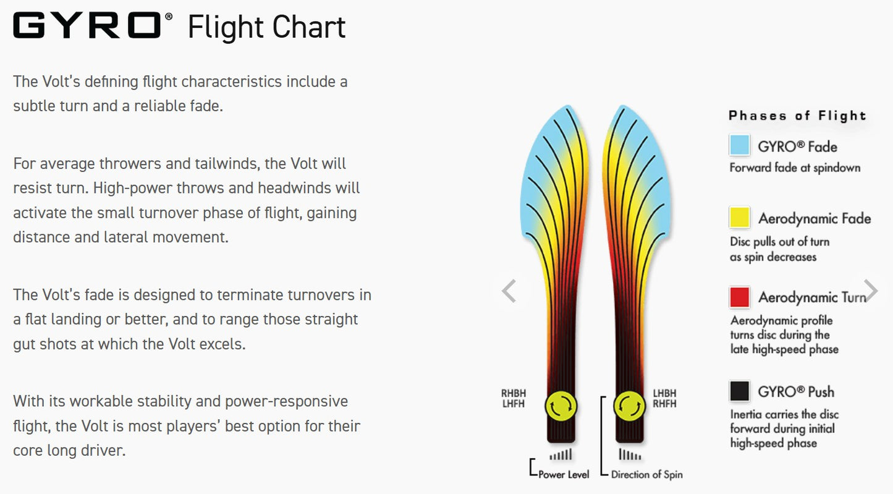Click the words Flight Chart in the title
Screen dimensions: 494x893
pos(266,27)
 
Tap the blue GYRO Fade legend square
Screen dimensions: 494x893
pos(739,146)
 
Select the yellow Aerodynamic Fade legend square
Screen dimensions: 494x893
pos(739,218)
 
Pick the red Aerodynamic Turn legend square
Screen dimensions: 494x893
pos(739,297)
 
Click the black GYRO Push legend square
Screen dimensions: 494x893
pos(739,391)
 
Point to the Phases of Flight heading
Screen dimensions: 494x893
pos(797,116)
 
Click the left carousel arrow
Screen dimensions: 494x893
pos(509,291)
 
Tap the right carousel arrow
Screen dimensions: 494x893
pos(870,290)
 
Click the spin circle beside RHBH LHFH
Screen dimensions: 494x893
pos(561,406)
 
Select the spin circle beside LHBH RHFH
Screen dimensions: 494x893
pos(629,406)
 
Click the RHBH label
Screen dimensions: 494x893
pos(513,393)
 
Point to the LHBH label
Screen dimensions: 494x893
pos(665,393)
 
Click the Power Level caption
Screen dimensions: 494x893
pos(564,475)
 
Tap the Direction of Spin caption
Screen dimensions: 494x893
pos(646,475)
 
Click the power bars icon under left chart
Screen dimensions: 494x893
pos(561,456)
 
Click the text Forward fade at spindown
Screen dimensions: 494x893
pos(795,168)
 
